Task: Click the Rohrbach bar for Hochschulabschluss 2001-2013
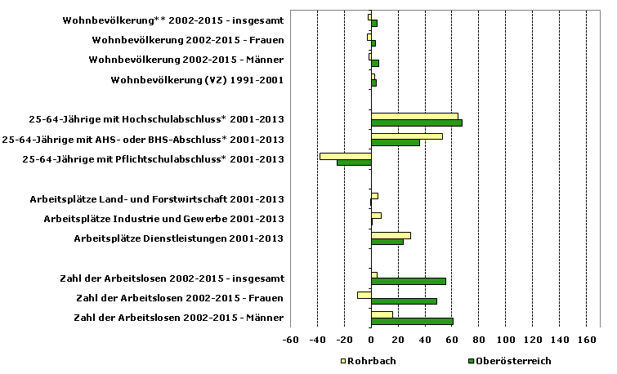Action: click(414, 117)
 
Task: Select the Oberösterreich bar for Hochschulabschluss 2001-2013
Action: click(417, 123)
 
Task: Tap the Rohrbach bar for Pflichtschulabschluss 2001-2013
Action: click(345, 156)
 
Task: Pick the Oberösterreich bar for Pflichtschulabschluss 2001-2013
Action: click(354, 163)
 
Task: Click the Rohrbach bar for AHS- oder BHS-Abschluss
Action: click(406, 136)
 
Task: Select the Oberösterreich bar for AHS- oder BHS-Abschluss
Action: click(396, 143)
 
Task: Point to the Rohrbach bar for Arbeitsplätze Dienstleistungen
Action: click(391, 235)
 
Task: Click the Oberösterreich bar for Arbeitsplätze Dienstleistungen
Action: click(387, 242)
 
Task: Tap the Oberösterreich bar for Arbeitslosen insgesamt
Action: click(408, 281)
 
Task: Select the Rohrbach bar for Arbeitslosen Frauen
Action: click(364, 295)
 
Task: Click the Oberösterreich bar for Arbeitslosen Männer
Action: click(412, 321)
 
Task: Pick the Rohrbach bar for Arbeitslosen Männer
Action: click(382, 314)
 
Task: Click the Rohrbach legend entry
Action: click(368, 360)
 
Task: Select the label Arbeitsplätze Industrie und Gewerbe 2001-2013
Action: click(163, 219)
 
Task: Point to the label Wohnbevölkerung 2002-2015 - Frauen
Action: click(188, 40)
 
